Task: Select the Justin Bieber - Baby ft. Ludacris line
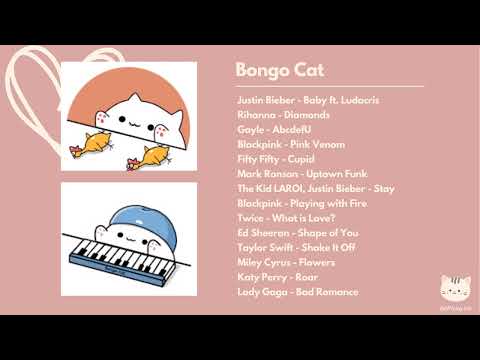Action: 308,100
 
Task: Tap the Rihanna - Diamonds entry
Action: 277,115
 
